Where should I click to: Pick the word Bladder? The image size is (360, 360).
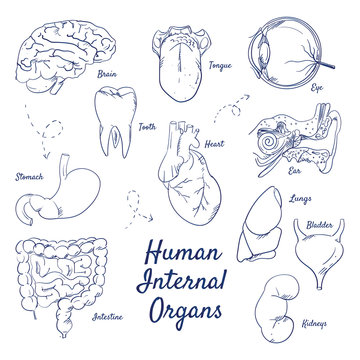320,226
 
